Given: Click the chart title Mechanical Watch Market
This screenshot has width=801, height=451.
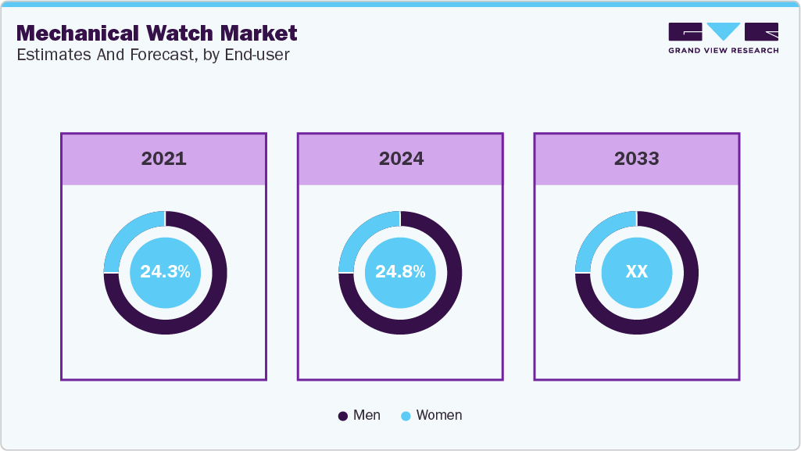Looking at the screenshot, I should coord(156,33).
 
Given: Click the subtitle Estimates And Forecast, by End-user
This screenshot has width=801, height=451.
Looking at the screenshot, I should coord(153,55).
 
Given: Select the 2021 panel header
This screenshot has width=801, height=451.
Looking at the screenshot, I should coord(164,159).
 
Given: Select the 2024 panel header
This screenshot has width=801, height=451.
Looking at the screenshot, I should coord(400,159).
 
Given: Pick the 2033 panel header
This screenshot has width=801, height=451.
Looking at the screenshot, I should coord(636,159).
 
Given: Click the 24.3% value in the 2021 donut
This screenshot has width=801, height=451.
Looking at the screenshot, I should coord(165,272).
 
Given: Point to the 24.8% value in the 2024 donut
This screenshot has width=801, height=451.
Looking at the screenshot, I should coord(400,272).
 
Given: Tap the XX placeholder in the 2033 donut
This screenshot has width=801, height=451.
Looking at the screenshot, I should coord(636,272).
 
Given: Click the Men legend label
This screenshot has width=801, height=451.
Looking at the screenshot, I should coord(367,415).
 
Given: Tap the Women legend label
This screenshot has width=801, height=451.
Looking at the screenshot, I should coord(438,415).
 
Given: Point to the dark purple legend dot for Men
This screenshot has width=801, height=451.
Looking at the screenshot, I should coord(342,416).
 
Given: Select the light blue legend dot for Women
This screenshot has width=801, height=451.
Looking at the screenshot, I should coord(406,416).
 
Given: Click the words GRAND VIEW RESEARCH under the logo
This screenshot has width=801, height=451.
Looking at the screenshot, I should coord(723,51).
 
